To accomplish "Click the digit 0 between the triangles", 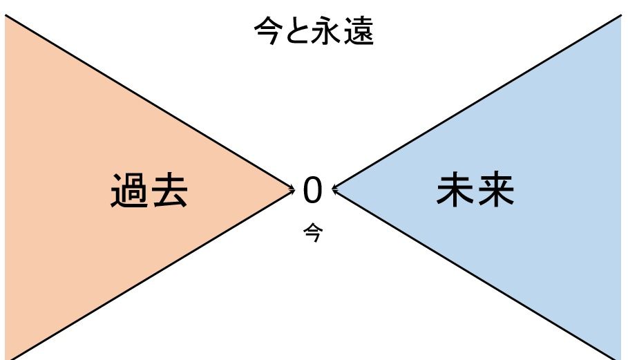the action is (x=313, y=191).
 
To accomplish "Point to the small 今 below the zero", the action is (x=313, y=232).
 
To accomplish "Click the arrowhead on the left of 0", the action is (x=292, y=187).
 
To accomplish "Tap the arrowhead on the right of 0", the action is (x=335, y=187).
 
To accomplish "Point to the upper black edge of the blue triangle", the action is (x=477, y=101).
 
